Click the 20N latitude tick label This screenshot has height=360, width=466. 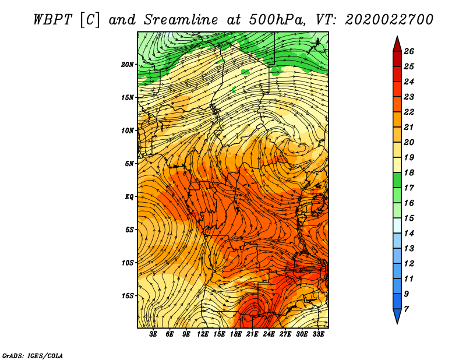(x=128, y=65)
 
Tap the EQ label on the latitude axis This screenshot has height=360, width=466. (x=129, y=197)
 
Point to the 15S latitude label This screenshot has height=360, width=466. (x=128, y=296)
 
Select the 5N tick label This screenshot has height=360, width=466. (x=129, y=164)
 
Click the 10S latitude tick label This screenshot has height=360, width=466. (x=128, y=263)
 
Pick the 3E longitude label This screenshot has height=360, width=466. (x=153, y=334)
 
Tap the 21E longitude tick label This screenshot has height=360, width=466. (x=252, y=334)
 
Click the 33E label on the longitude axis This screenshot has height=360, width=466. (x=318, y=334)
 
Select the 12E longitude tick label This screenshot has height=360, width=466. (x=203, y=334)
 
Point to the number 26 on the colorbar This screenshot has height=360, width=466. (x=409, y=51)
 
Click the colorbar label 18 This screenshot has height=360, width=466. (x=409, y=172)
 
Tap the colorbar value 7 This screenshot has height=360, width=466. (x=406, y=309)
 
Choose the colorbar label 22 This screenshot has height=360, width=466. (x=409, y=112)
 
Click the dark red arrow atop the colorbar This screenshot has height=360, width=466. (x=397, y=44)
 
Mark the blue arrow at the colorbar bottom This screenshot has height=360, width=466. (x=397, y=316)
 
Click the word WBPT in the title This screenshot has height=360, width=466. (x=53, y=20)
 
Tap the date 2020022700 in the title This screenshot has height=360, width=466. (x=389, y=20)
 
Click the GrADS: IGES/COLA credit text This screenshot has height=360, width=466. (x=33, y=356)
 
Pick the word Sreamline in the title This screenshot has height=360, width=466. (x=181, y=20)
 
